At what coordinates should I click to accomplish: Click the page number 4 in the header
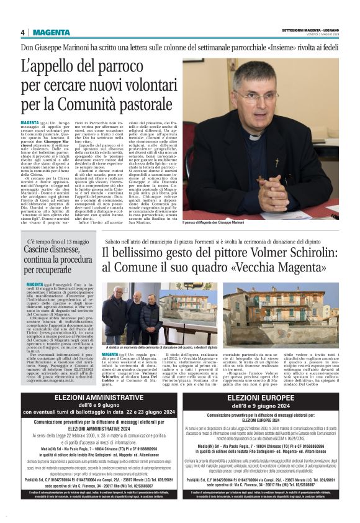coord(23,32)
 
